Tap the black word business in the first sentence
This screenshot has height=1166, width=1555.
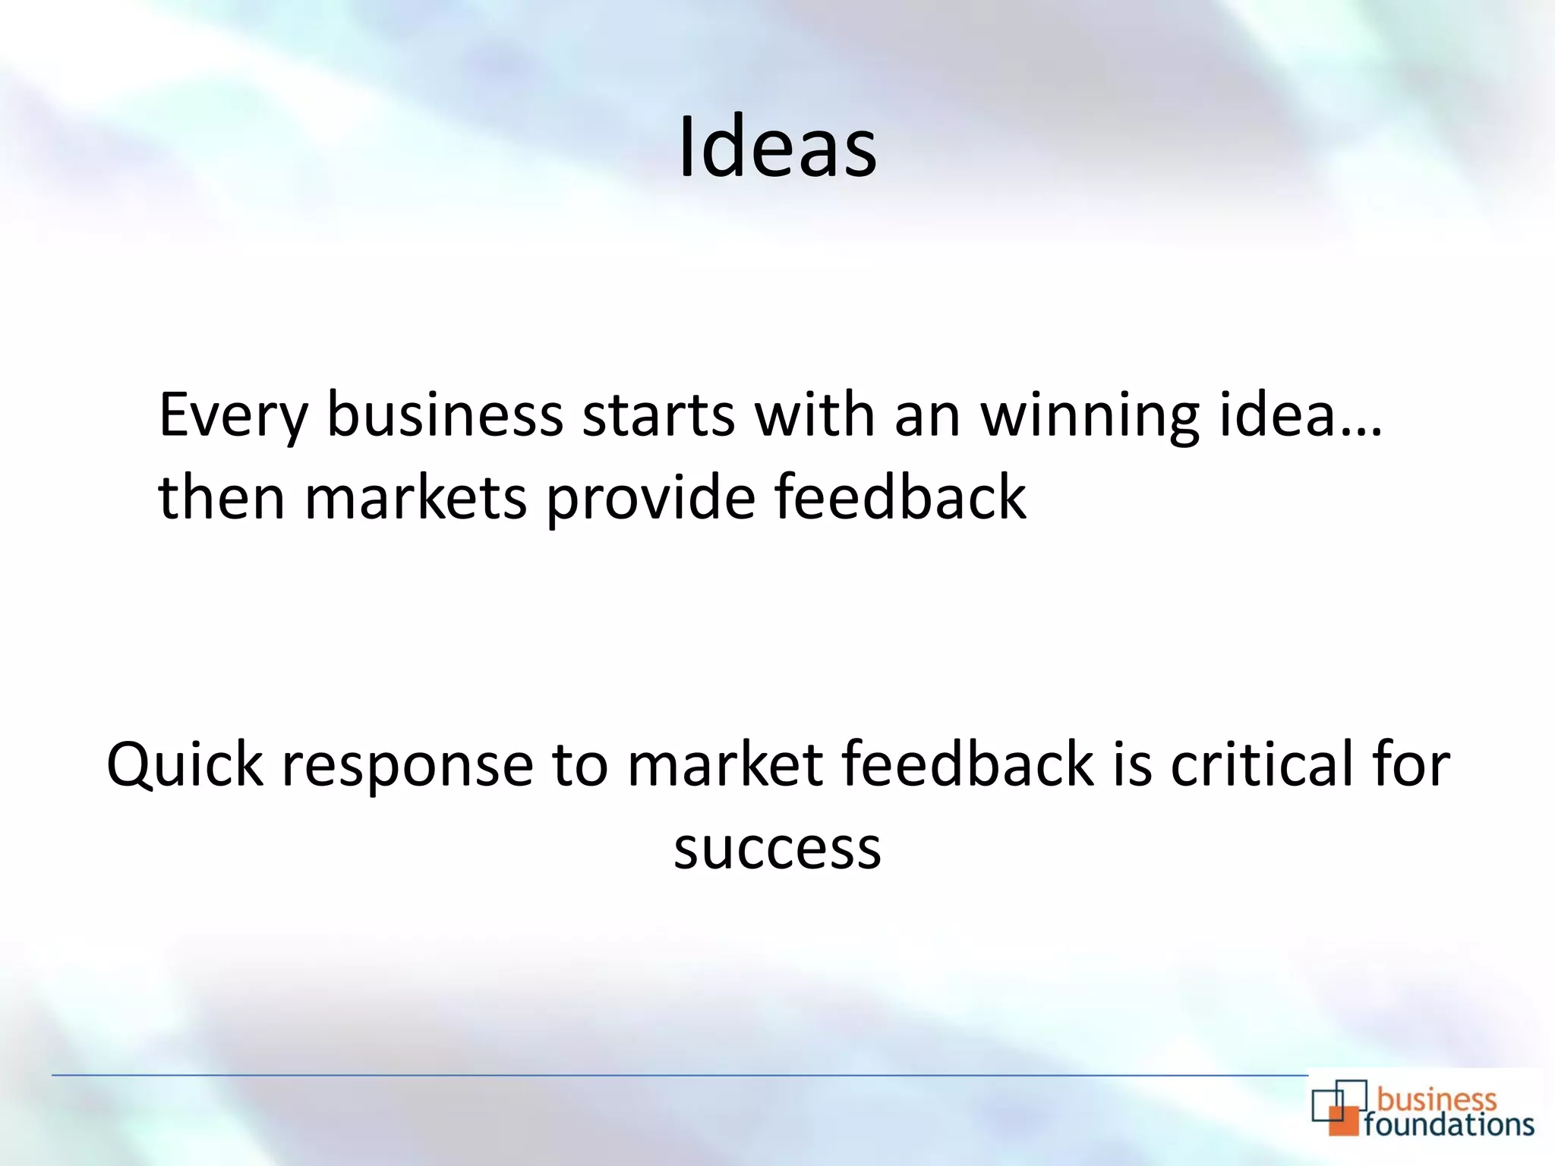445,415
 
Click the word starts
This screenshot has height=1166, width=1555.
658,417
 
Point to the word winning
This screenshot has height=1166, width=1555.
1090,417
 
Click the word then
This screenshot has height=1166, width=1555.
222,497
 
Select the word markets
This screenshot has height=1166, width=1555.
415,497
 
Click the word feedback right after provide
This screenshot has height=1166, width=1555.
900,497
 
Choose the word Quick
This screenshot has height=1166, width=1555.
185,764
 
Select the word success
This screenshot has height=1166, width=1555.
777,848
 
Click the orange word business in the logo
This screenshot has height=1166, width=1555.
1437,1098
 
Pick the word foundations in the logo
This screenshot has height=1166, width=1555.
1449,1124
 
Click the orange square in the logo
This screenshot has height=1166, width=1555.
1342,1120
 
